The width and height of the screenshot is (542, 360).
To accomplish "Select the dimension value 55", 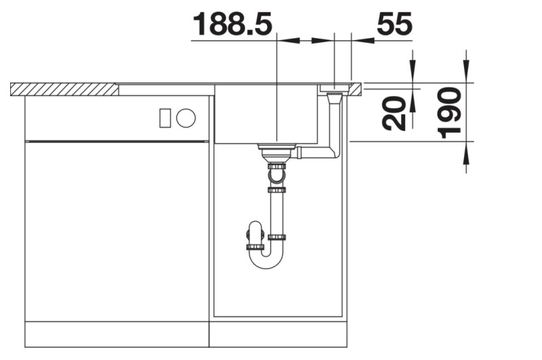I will click(394, 24).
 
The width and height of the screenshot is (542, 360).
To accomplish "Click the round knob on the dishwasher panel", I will click(186, 118).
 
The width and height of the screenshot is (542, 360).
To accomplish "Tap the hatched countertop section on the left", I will click(64, 89).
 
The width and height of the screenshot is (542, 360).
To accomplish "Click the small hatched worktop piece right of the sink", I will click(356, 87).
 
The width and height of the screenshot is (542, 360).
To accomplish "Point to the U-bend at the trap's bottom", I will click(264, 260).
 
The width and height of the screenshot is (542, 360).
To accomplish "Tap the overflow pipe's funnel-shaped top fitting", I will click(333, 97).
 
